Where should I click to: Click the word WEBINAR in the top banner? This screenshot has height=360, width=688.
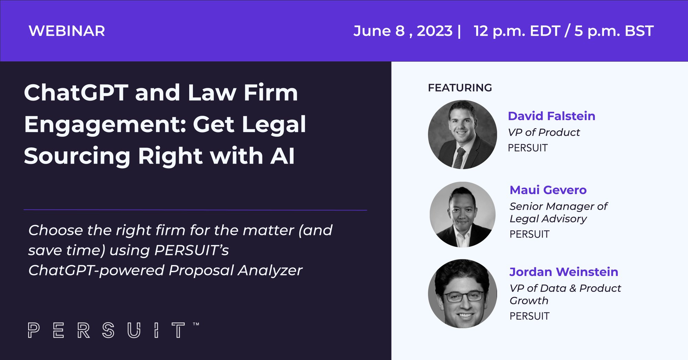click(x=67, y=31)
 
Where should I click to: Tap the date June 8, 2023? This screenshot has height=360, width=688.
click(x=403, y=31)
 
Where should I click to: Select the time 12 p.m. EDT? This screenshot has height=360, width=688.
click(x=517, y=31)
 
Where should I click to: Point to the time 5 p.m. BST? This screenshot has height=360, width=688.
click(x=614, y=31)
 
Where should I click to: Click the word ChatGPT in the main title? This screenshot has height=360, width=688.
click(x=76, y=93)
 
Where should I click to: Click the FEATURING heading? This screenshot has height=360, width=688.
click(x=460, y=88)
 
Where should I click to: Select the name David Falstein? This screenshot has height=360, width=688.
click(x=551, y=116)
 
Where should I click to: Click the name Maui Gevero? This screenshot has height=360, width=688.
click(x=548, y=190)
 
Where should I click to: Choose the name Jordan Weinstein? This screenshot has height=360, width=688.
click(x=564, y=272)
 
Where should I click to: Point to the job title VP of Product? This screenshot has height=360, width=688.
click(x=544, y=133)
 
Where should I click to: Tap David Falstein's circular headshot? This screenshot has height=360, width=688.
click(x=462, y=135)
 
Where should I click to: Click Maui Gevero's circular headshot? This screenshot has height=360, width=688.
click(x=463, y=214)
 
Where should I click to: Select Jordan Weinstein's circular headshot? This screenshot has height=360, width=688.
click(x=462, y=294)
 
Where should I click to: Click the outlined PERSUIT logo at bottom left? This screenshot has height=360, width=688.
click(x=113, y=330)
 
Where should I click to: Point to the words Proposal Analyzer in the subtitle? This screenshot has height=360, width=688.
click(x=235, y=271)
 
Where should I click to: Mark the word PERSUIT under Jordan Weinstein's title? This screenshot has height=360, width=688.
click(x=529, y=316)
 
